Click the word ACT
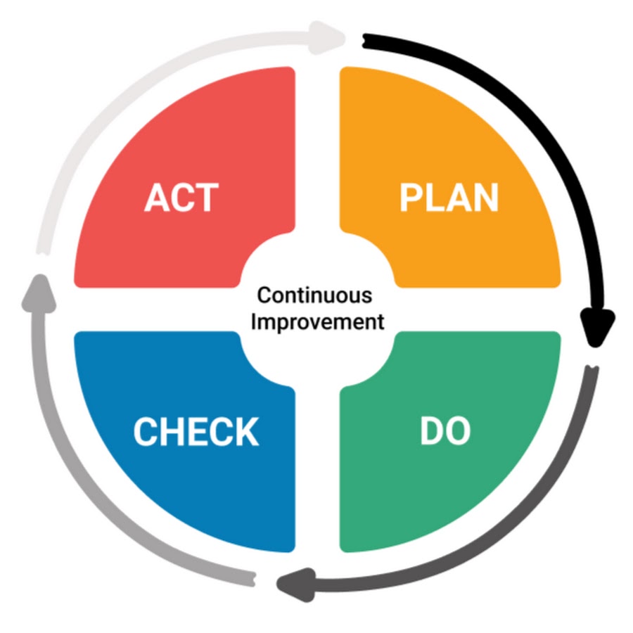point(181,198)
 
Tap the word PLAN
point(449,198)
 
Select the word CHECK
point(196,432)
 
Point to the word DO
point(445,432)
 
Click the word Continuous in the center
point(314,295)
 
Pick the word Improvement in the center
point(318,323)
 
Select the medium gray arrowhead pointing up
point(39,290)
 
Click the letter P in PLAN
point(409,198)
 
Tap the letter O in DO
point(457,432)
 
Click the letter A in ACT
point(157,198)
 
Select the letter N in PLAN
point(485,198)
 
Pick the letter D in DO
point(431,432)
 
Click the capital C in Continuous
point(262,295)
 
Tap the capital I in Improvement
point(255,323)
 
